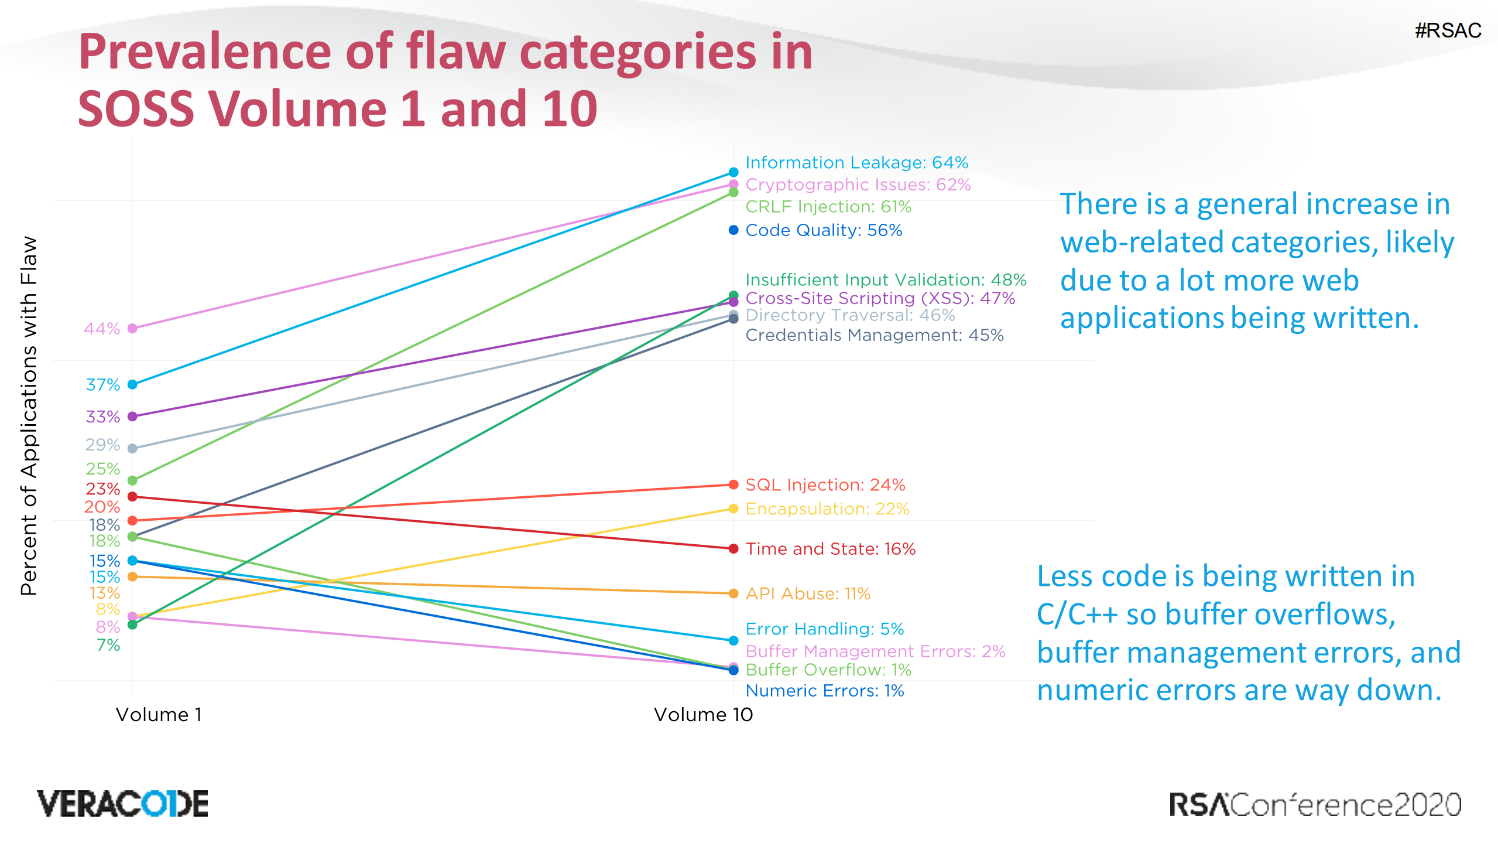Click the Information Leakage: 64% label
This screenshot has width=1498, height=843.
pyautogui.click(x=856, y=162)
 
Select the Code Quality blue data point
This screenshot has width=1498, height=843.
pyautogui.click(x=733, y=230)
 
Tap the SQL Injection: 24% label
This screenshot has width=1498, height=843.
pyautogui.click(x=825, y=485)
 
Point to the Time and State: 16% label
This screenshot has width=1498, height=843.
pyautogui.click(x=829, y=549)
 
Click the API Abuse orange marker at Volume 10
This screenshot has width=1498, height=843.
pyautogui.click(x=733, y=593)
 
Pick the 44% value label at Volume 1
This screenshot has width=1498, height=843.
pyautogui.click(x=102, y=329)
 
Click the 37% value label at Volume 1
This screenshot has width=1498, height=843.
pyautogui.click(x=102, y=385)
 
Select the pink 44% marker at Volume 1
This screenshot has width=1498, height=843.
pyautogui.click(x=133, y=329)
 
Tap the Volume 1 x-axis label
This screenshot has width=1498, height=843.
pyautogui.click(x=159, y=715)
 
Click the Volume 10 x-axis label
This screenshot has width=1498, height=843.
pyautogui.click(x=703, y=715)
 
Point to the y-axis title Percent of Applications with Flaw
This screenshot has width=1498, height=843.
pyautogui.click(x=29, y=416)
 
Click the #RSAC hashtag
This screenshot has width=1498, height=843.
pyautogui.click(x=1448, y=30)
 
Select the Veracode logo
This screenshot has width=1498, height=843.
pyautogui.click(x=122, y=804)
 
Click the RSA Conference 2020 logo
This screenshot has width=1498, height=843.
pyautogui.click(x=1314, y=805)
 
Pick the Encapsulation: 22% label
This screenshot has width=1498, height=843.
pyautogui.click(x=827, y=509)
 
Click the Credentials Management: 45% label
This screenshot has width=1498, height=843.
pyautogui.click(x=874, y=335)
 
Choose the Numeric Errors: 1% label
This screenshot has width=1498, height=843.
pyautogui.click(x=824, y=691)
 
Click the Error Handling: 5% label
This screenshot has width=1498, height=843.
pyautogui.click(x=824, y=629)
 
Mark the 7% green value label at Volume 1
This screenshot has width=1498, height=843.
pyautogui.click(x=108, y=645)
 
